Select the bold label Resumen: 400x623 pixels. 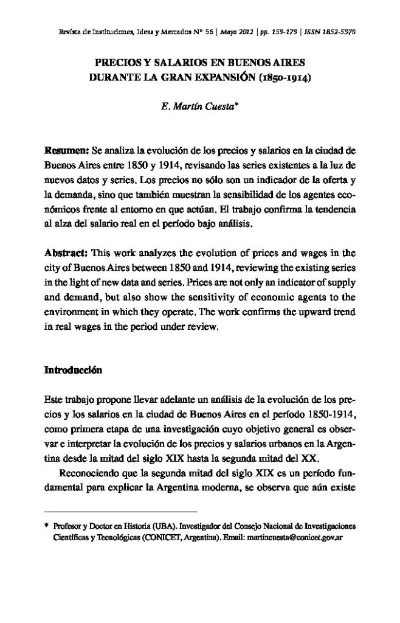click(67, 150)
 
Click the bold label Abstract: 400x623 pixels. click(66, 252)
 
